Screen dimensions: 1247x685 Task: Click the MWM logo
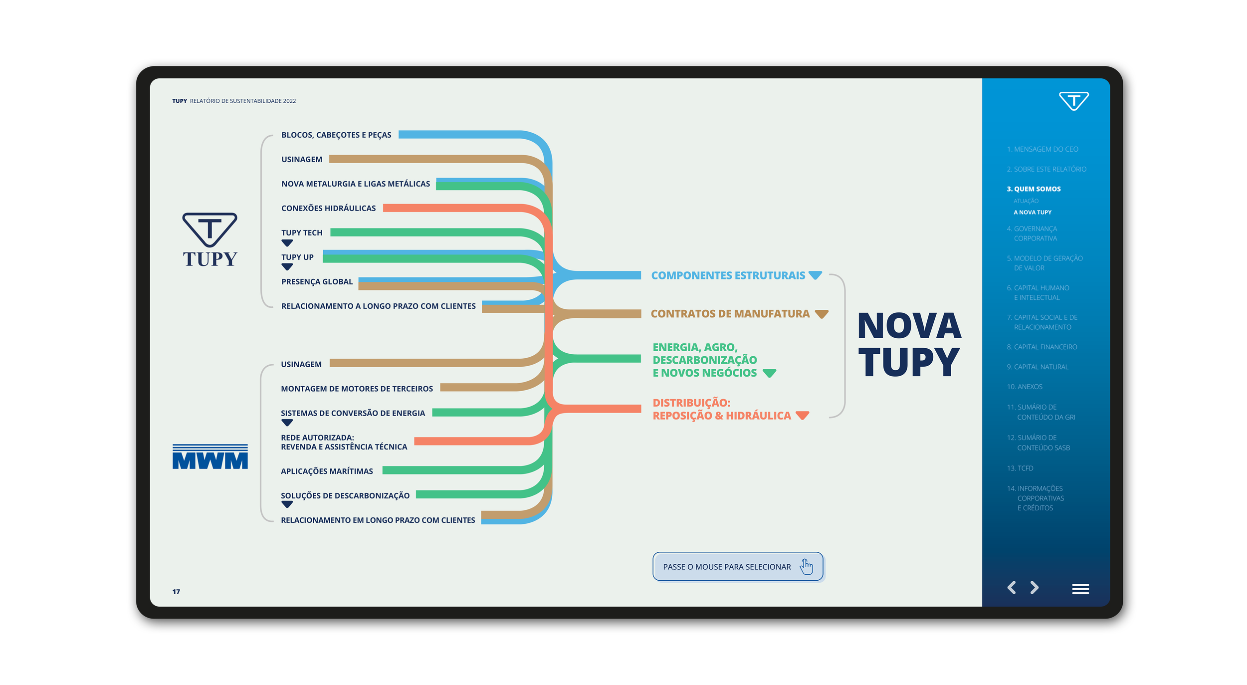(210, 457)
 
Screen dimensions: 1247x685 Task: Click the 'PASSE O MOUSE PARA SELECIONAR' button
(737, 567)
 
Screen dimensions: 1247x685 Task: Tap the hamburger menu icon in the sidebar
(1080, 589)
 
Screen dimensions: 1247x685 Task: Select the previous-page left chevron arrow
(1012, 588)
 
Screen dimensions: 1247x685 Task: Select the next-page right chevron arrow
(1035, 588)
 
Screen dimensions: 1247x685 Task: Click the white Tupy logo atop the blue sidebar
(1073, 101)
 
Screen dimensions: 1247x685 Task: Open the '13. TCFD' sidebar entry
(1020, 468)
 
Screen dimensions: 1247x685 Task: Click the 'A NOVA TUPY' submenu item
(1032, 212)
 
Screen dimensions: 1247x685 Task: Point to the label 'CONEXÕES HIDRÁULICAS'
(328, 208)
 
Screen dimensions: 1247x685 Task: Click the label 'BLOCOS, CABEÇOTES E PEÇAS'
(336, 135)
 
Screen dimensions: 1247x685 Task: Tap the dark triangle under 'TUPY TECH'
(287, 243)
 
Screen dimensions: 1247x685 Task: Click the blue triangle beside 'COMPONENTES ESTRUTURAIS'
(815, 275)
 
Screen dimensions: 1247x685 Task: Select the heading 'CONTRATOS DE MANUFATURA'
(730, 314)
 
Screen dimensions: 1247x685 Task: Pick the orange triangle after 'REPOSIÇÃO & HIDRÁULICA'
(802, 415)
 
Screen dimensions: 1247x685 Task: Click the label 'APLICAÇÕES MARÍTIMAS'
(327, 471)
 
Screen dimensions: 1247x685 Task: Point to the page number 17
(176, 592)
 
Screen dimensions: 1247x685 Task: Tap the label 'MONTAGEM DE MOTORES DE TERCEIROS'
(357, 389)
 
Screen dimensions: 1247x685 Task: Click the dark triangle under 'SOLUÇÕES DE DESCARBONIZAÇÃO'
(287, 504)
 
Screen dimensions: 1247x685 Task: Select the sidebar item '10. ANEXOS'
(1025, 387)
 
